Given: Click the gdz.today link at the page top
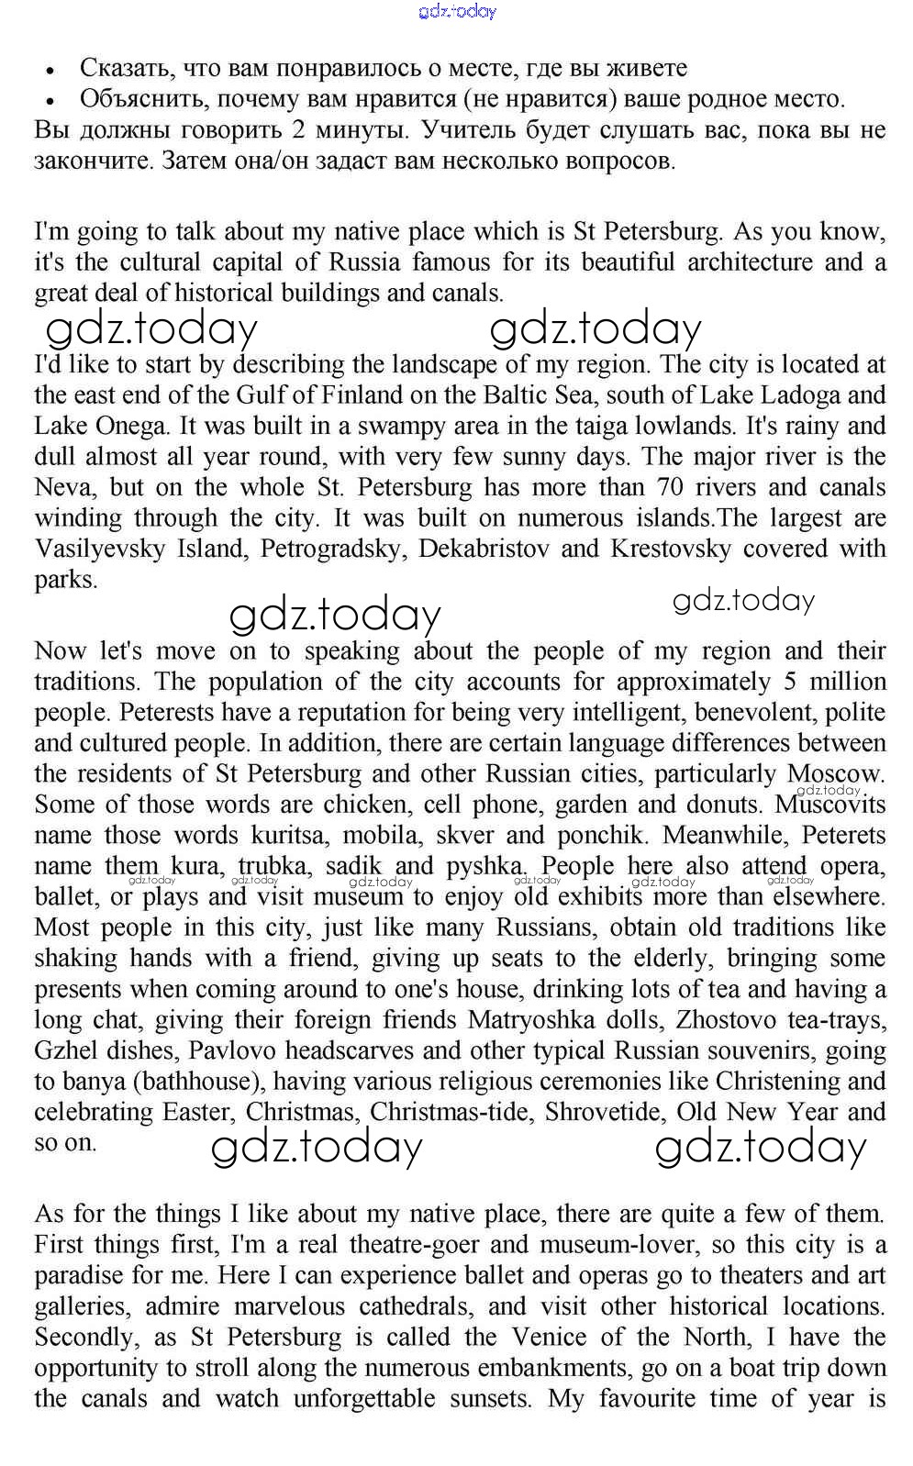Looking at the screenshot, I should (x=456, y=11).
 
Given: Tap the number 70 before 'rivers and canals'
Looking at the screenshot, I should (x=670, y=487).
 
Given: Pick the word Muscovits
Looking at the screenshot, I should (x=830, y=805).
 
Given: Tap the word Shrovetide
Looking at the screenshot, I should (x=605, y=1112).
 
